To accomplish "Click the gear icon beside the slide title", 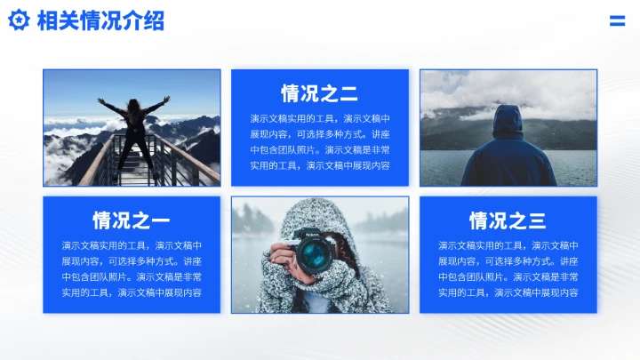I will (19, 21).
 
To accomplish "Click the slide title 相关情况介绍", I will (100, 21).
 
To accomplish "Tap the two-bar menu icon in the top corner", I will (617, 21).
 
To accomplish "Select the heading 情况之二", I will (319, 93).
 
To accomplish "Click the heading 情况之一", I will (131, 220).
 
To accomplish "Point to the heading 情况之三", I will (508, 220).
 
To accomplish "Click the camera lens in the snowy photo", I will (312, 256).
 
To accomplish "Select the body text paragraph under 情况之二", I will (319, 141).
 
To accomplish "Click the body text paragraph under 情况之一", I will (132, 268).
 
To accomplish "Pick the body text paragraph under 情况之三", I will (508, 268).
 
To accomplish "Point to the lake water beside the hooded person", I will (569, 164).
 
